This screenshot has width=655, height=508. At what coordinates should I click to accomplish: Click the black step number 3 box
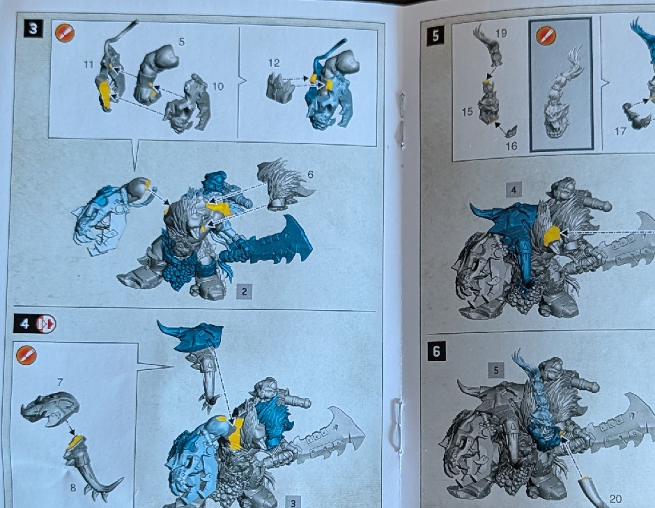[x=33, y=29]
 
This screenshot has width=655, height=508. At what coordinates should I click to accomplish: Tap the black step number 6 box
[x=436, y=351]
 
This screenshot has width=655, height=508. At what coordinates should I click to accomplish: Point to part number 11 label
[x=88, y=64]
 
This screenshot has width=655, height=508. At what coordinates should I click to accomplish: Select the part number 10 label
[x=218, y=86]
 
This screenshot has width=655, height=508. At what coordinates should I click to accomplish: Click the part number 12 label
[x=274, y=63]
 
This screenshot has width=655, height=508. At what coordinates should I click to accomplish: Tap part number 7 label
[x=60, y=382]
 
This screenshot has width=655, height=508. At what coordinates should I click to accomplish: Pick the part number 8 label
[x=73, y=488]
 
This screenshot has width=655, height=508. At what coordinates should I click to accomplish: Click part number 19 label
[x=501, y=33]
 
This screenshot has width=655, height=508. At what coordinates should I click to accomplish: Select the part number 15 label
[x=468, y=111]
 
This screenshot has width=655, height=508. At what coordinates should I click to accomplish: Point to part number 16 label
[x=511, y=146]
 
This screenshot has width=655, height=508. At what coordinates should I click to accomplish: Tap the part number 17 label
[x=620, y=131]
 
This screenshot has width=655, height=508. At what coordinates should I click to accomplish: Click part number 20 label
[x=615, y=498]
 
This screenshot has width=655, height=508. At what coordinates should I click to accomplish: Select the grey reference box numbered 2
[x=245, y=291]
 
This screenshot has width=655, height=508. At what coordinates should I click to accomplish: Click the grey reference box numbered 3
[x=293, y=502]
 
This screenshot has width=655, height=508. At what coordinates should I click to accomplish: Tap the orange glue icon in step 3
[x=65, y=33]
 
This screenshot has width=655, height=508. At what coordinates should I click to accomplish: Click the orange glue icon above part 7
[x=26, y=355]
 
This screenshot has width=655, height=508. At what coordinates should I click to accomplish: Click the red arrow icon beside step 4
[x=46, y=323]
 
